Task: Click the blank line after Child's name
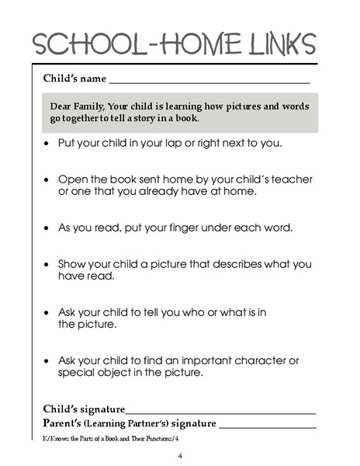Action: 209,82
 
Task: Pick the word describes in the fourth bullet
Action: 220,264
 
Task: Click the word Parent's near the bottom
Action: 61,424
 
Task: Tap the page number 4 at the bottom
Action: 180,455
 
